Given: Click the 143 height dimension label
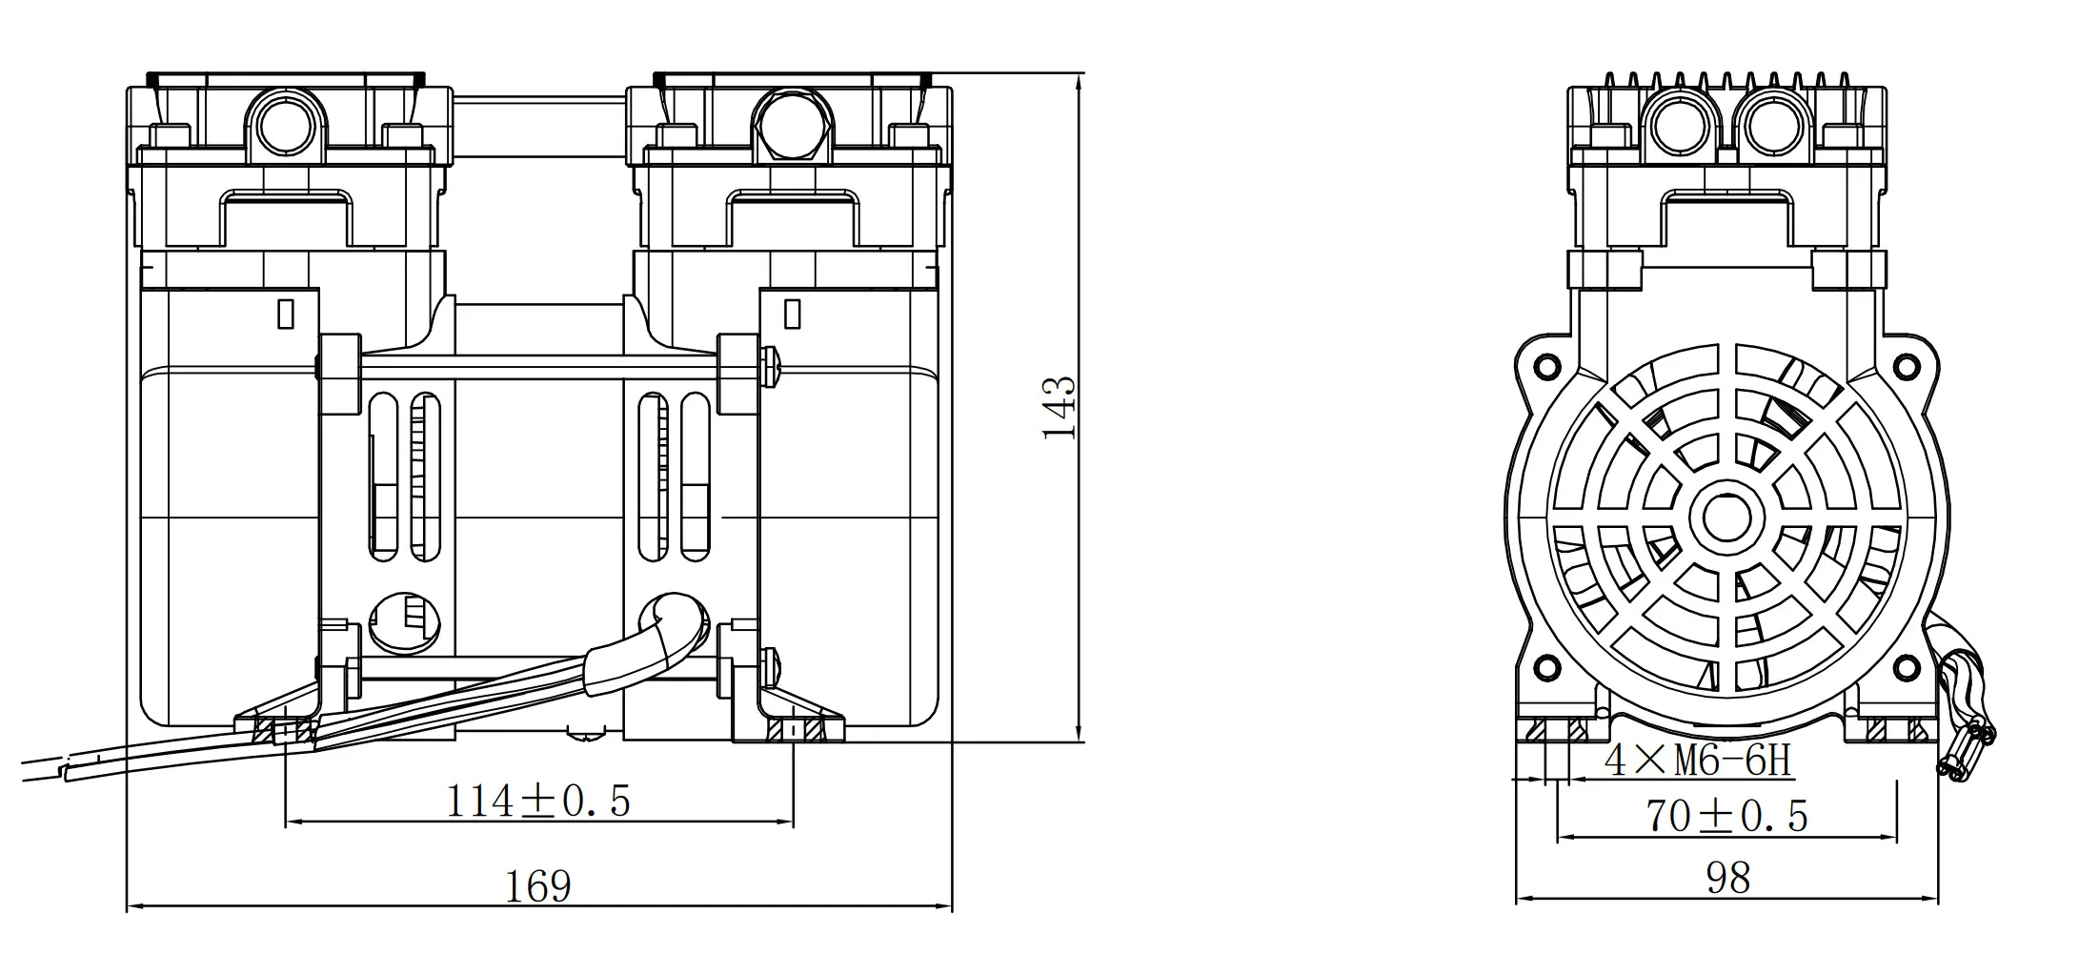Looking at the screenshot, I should pos(1059,408).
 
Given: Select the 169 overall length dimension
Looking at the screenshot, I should pos(538,886).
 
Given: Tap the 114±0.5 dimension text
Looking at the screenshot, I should pos(539,802).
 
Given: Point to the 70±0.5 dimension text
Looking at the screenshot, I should pos(1726,817).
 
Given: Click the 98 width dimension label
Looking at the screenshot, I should pos(1727,878).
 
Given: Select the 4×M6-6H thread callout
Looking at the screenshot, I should pos(1699,761).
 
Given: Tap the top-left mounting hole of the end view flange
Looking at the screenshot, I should pos(1548,365).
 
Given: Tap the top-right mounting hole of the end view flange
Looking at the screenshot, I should pos(1907,365).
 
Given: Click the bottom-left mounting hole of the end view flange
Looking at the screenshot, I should pos(1548,664).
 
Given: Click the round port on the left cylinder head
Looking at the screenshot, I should pos(286,126).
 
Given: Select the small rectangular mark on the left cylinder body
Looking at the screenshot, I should pos(285,314).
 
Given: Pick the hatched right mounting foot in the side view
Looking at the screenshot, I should pos(794,730).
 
